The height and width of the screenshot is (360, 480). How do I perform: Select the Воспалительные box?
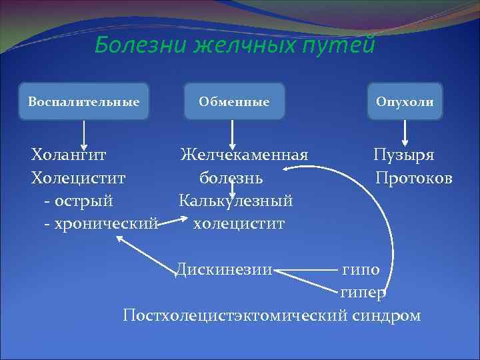[x=83, y=101]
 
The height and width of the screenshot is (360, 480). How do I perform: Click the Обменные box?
[x=233, y=101]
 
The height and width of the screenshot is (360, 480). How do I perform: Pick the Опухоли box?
[x=404, y=101]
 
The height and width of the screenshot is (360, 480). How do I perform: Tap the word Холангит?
[x=68, y=156]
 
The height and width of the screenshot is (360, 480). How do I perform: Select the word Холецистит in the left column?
[x=78, y=179]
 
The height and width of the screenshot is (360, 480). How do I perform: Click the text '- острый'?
[x=78, y=201]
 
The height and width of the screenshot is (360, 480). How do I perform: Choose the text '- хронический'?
[x=101, y=223]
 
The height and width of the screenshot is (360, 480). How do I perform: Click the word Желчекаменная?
[x=244, y=156]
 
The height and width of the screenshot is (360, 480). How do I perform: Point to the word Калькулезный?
[x=236, y=201]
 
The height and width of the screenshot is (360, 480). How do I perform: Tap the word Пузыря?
[x=403, y=156]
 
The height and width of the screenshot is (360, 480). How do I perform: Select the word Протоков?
[x=414, y=179]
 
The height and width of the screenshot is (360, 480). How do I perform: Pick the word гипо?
[x=361, y=270]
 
